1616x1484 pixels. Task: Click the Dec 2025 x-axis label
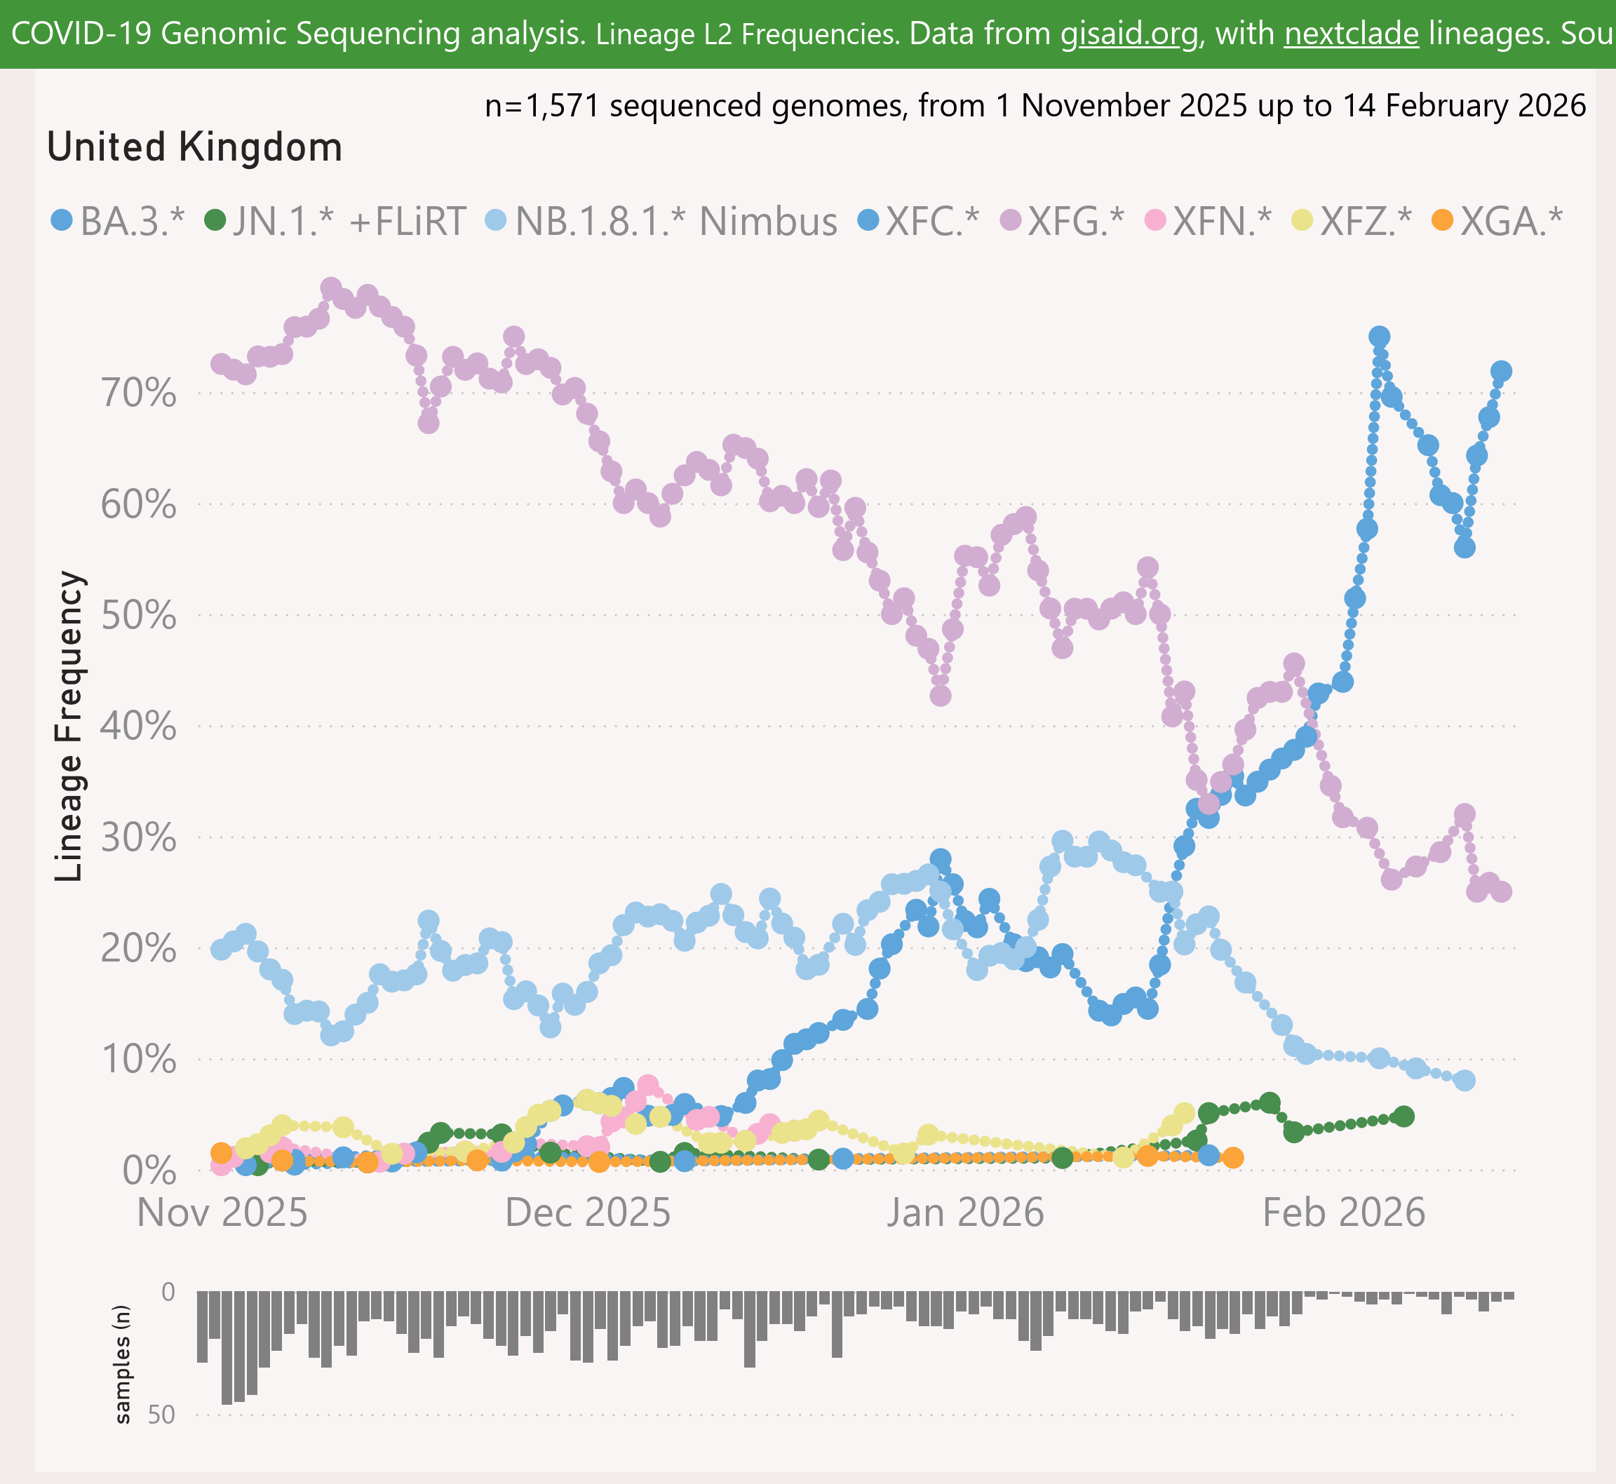(587, 1213)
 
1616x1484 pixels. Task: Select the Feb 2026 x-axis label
(1344, 1213)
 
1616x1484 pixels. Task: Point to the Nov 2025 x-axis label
(222, 1213)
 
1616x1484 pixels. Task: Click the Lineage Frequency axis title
(69, 726)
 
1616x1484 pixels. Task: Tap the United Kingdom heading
(194, 147)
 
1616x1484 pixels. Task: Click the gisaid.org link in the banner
(1129, 34)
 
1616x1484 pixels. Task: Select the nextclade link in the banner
(1351, 34)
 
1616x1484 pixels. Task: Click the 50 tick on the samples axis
(161, 1414)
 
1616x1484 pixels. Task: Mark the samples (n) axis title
(122, 1363)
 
